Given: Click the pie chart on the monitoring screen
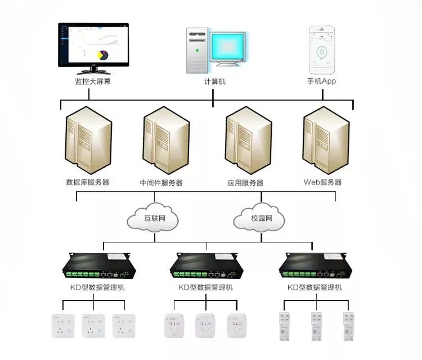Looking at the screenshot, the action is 102,55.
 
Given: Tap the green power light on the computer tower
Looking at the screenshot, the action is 197,50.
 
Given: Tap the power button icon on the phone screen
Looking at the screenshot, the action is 322,51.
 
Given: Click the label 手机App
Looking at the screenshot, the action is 322,81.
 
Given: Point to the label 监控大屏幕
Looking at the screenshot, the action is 93,81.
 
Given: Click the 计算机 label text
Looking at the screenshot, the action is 214,81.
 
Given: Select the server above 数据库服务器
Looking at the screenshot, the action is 88,140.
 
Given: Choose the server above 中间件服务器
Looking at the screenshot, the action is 166,140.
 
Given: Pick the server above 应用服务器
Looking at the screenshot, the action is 248,140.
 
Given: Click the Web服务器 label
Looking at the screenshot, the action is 322,182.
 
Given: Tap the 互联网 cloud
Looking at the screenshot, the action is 152,217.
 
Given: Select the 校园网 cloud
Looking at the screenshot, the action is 259,217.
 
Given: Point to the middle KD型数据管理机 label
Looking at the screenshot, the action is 205,287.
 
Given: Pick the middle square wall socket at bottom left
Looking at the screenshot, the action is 93,326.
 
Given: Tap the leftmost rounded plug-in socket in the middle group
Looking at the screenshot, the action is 174,326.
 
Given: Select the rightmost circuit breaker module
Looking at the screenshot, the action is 348,326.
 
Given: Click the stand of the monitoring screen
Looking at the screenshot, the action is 93,70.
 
